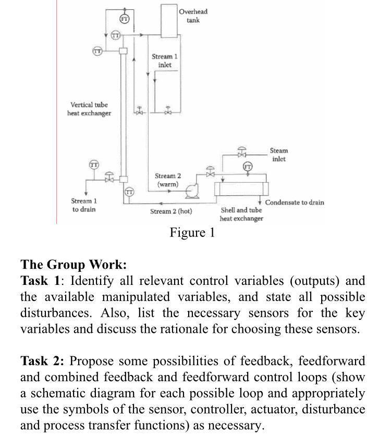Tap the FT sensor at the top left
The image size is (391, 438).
tap(124, 19)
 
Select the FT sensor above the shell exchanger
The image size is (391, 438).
tap(247, 167)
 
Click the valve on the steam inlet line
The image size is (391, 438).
tap(242, 154)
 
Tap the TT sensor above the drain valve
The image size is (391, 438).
tap(94, 165)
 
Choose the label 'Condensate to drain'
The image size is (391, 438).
tap(295, 202)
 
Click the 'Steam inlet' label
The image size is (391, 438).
tap(278, 155)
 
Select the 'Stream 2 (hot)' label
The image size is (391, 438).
tap(171, 211)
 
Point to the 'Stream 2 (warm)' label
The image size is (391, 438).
tap(168, 180)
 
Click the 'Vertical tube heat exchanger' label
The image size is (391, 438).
tap(89, 109)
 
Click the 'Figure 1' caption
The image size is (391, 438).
tap(192, 232)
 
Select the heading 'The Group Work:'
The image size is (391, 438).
tap(74, 265)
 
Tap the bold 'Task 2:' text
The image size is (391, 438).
tap(42, 361)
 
